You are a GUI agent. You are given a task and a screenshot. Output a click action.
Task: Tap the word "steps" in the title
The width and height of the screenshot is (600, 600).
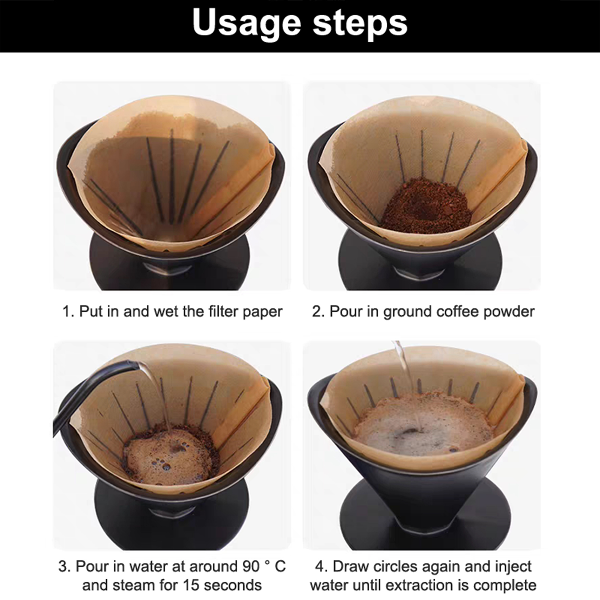360,23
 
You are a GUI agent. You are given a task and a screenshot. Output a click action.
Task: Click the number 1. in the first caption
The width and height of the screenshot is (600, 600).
68,311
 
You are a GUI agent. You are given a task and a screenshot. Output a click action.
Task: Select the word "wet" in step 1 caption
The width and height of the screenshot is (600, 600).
165,312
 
